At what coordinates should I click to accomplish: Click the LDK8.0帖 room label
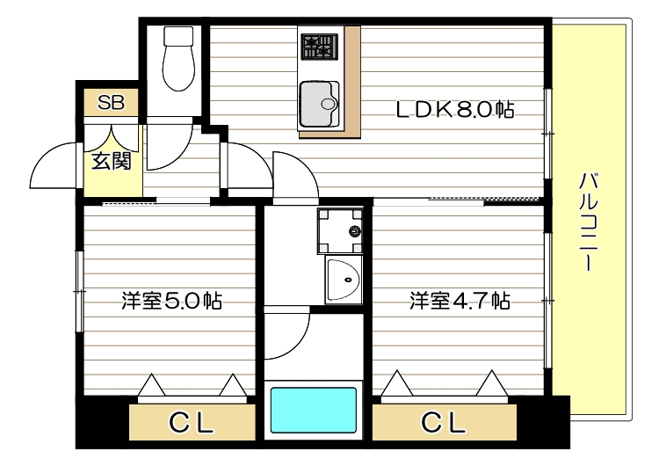coord(453,109)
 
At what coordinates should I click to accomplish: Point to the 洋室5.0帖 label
coord(171,302)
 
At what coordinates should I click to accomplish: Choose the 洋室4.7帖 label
coord(459,302)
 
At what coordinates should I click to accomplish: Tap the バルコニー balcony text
coord(590,222)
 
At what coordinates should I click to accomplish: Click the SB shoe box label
coord(111,102)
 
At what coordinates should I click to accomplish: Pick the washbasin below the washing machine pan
coord(344,281)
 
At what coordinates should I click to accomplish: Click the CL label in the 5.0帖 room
coord(192,424)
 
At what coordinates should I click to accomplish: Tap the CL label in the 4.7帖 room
coord(442,424)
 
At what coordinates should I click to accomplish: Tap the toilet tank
coord(178,36)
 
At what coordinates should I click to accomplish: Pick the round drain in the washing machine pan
coord(354,231)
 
